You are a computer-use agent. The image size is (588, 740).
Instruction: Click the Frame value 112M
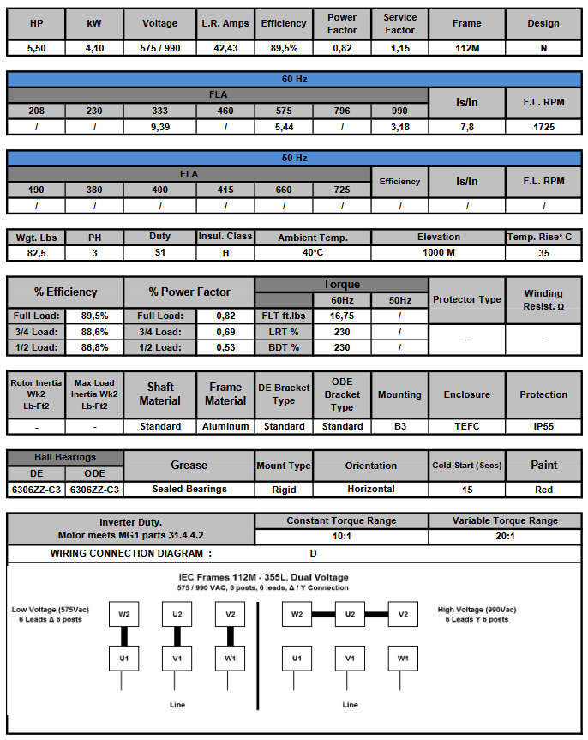(x=466, y=49)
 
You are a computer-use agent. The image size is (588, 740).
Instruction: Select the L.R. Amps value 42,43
(x=226, y=49)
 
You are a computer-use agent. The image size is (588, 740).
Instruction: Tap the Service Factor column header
(x=399, y=23)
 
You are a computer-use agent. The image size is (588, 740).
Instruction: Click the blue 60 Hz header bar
(x=294, y=79)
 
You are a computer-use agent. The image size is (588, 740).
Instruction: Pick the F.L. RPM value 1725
(x=543, y=127)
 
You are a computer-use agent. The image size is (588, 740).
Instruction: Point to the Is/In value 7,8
(x=466, y=127)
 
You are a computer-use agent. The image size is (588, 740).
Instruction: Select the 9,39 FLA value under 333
(x=159, y=127)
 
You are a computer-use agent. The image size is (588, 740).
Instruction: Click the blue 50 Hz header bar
(x=294, y=158)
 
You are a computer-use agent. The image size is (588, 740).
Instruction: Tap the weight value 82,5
(x=36, y=253)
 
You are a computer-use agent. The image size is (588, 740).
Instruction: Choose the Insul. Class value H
(x=225, y=253)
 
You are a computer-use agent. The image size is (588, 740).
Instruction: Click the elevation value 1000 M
(x=438, y=253)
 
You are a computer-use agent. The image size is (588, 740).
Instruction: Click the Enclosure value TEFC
(x=466, y=426)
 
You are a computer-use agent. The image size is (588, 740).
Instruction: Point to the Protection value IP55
(x=543, y=426)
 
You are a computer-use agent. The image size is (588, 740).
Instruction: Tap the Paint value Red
(x=543, y=489)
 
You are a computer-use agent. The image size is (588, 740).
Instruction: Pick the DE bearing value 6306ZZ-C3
(x=36, y=489)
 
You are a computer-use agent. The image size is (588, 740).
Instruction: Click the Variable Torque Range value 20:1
(x=505, y=536)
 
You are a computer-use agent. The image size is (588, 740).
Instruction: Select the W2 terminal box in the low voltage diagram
(x=124, y=614)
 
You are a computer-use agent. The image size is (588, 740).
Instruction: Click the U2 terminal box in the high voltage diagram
(x=350, y=614)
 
